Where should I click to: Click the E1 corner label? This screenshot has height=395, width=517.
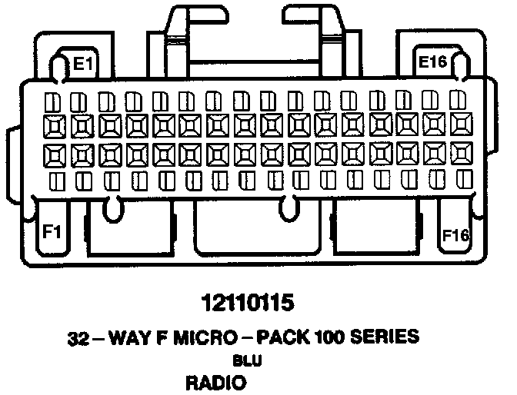(83, 64)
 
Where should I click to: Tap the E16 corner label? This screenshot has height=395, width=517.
(433, 61)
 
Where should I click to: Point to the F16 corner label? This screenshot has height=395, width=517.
(455, 234)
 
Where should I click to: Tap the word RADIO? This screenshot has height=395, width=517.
(215, 381)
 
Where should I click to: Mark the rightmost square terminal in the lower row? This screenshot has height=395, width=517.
(462, 154)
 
